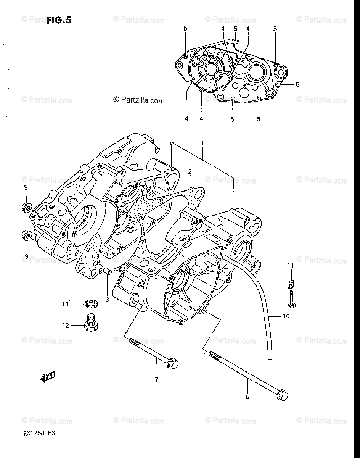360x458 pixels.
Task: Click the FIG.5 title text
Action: coord(59,20)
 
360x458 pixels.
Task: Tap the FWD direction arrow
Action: coord(48,377)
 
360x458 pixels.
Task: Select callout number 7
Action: coord(156,379)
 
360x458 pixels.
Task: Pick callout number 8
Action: coord(247,397)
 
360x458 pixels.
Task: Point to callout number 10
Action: coord(286,316)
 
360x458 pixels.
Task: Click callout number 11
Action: coord(291,265)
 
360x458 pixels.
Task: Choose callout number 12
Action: coord(66,326)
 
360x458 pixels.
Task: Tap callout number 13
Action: coord(66,304)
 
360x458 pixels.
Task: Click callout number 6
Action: coord(297,85)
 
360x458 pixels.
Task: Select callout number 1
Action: coord(202,143)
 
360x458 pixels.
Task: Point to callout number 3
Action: coord(107,299)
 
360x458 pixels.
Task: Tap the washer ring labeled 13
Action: coord(91,304)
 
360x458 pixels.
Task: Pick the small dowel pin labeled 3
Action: coord(107,271)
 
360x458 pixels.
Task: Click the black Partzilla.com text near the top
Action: coord(139,100)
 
